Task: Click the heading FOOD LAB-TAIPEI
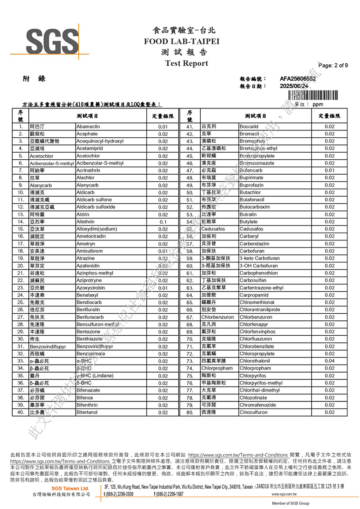pyautogui.click(x=181, y=41)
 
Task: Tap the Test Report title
pyautogui.click(x=186, y=63)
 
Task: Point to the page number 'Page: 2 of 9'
pyautogui.click(x=333, y=65)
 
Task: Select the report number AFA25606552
pyautogui.click(x=297, y=79)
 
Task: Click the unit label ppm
pyautogui.click(x=318, y=104)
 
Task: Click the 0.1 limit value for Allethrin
pyautogui.click(x=163, y=222)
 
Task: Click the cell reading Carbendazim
pyautogui.click(x=255, y=244)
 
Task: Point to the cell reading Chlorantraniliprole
pyautogui.click(x=260, y=310)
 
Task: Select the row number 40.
pyautogui.click(x=20, y=412)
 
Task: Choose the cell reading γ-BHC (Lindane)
pyautogui.click(x=95, y=376)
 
